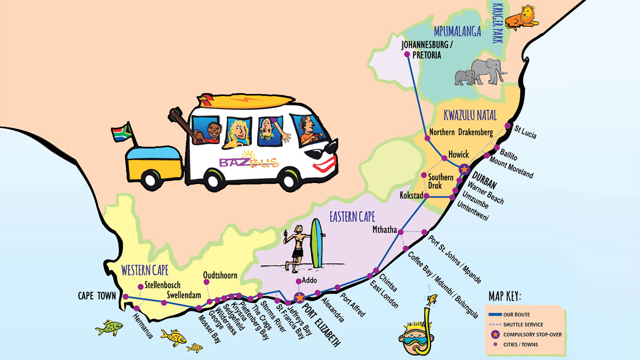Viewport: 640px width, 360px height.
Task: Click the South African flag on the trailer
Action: click(x=121, y=132)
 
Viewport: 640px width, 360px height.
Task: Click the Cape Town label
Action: click(x=97, y=296)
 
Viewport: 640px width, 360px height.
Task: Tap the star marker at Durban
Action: click(x=464, y=169)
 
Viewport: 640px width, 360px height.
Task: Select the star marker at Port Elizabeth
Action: click(x=299, y=297)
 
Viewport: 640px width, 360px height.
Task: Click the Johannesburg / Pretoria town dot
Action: click(x=407, y=54)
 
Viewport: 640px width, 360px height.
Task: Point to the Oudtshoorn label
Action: click(x=220, y=275)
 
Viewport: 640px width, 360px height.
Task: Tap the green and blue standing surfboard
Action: click(x=317, y=243)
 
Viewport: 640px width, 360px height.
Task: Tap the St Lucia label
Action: click(x=525, y=131)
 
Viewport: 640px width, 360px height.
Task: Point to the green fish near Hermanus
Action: click(x=109, y=328)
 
